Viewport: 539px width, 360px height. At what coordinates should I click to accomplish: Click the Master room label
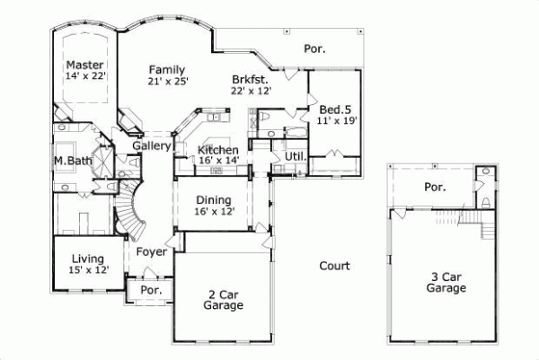(x=85, y=66)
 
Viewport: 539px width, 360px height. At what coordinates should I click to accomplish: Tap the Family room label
(x=167, y=69)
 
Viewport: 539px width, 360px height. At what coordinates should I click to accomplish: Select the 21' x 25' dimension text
(x=167, y=82)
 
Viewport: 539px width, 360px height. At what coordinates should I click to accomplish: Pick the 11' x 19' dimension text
(x=337, y=121)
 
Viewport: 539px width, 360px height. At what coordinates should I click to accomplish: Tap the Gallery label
(x=152, y=145)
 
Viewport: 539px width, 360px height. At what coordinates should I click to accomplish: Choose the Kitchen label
(x=217, y=150)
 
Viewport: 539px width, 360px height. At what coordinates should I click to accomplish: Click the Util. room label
(x=295, y=156)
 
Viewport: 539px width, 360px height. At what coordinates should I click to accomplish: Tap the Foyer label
(x=151, y=252)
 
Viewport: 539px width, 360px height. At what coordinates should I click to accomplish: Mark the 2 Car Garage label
(x=222, y=300)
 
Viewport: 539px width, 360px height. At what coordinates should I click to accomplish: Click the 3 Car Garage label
(x=445, y=283)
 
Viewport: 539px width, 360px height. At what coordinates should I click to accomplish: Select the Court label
(x=334, y=266)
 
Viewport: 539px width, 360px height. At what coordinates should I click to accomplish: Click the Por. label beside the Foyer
(x=149, y=292)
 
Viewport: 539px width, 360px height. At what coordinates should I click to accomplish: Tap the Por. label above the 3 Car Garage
(x=435, y=188)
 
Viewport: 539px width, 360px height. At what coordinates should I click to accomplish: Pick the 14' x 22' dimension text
(x=85, y=79)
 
